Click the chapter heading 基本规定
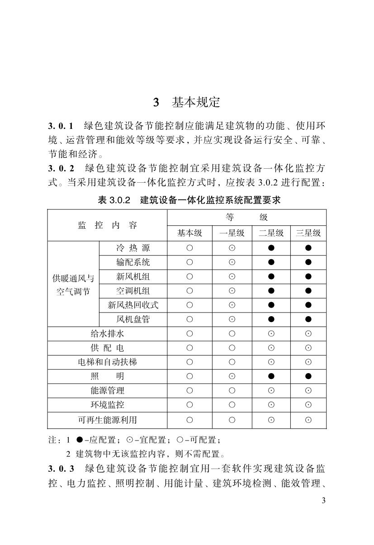(x=195, y=103)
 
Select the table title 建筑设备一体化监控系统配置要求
(x=210, y=200)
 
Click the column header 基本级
(x=189, y=233)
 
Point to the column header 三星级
(x=308, y=233)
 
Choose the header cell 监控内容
(x=107, y=225)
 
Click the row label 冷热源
(x=133, y=248)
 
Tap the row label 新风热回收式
(x=133, y=305)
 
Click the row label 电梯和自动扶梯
(x=107, y=362)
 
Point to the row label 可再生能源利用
(x=107, y=420)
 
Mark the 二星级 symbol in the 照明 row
(x=271, y=376)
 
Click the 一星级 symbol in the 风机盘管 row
(x=232, y=319)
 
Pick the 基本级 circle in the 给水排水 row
(x=189, y=334)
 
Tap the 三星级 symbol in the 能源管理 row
(x=308, y=391)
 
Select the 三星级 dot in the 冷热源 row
(x=308, y=248)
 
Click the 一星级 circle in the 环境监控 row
(x=232, y=405)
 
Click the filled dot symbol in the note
(x=80, y=439)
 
